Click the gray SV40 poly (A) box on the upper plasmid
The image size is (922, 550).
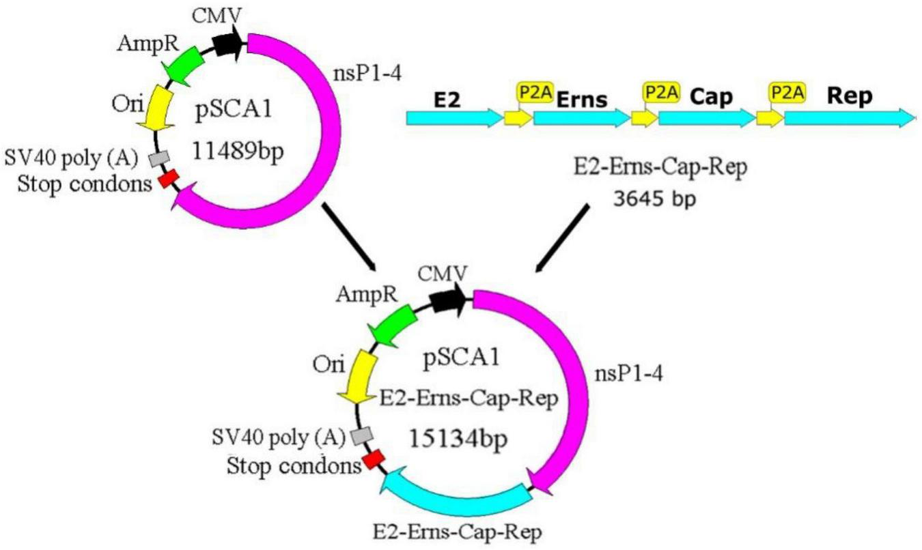tap(159, 158)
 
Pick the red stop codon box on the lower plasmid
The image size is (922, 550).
tap(373, 460)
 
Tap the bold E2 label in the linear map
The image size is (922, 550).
tap(448, 100)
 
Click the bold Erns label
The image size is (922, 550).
tap(581, 100)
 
